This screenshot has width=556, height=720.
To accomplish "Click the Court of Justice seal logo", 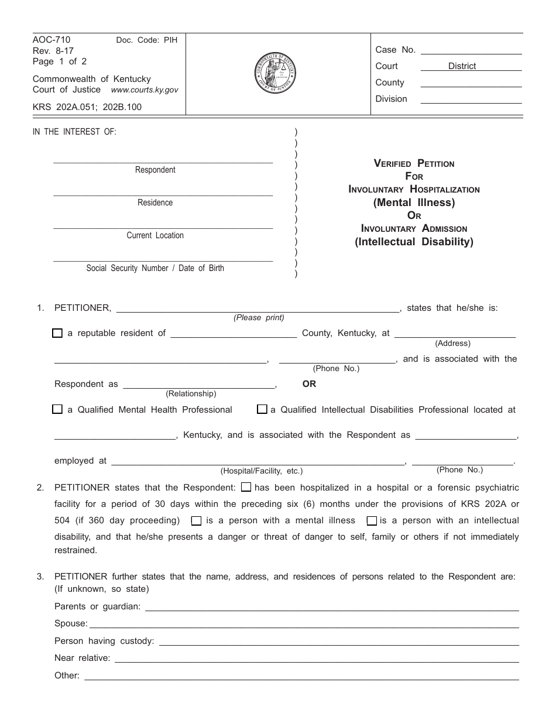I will [x=276, y=73].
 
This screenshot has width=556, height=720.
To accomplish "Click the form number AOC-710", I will [x=52, y=40].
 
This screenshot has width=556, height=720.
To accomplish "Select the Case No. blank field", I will [x=471, y=50].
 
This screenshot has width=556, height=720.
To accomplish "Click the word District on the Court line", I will [x=462, y=66].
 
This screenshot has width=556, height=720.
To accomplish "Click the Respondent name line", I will [x=163, y=158].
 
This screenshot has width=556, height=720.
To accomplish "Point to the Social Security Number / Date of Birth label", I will [x=155, y=268].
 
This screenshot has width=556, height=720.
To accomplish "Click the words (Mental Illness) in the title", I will [x=414, y=203].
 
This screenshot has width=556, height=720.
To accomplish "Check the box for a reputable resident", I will [x=57, y=333].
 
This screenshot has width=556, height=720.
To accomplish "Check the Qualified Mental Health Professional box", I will [x=57, y=410].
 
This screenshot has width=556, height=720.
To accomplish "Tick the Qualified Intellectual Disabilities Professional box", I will [x=262, y=410].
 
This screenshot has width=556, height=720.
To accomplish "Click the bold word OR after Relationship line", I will [x=309, y=384].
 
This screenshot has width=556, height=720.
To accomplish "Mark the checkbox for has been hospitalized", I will [x=246, y=487].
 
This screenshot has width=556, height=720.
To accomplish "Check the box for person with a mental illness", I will [x=197, y=520].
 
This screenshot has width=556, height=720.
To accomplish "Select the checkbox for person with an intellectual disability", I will [x=372, y=520].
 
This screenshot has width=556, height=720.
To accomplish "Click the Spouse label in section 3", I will [x=71, y=623].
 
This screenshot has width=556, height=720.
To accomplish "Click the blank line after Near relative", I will [x=317, y=658].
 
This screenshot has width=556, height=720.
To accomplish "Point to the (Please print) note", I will [x=259, y=318].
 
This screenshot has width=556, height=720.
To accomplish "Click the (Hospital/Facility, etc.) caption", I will [x=262, y=471].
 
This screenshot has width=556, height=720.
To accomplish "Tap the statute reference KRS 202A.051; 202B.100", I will [x=87, y=107].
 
